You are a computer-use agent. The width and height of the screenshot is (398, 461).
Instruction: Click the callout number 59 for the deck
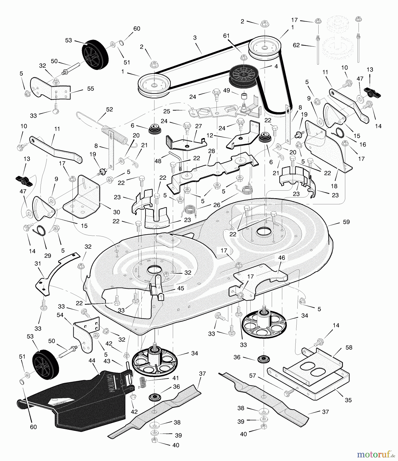(346, 222)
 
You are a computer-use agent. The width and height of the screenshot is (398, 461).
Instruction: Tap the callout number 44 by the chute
(92, 361)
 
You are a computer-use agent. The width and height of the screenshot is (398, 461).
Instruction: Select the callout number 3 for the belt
(195, 38)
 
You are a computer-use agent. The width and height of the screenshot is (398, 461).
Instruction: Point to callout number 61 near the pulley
(226, 36)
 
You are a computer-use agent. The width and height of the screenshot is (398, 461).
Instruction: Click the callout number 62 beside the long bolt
(296, 46)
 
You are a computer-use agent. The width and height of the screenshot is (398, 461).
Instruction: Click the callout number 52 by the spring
(109, 109)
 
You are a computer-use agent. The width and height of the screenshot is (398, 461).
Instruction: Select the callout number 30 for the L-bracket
(117, 212)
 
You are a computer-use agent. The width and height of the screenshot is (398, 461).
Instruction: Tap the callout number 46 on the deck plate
(281, 258)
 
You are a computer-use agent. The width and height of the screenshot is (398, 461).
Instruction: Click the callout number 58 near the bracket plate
(349, 348)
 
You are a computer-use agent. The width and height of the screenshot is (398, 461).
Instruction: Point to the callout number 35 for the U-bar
(348, 400)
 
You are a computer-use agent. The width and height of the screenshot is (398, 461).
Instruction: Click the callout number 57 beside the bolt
(253, 375)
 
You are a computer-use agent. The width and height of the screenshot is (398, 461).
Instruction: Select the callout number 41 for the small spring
(176, 378)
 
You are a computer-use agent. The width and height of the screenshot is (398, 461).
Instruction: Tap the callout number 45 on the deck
(181, 288)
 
